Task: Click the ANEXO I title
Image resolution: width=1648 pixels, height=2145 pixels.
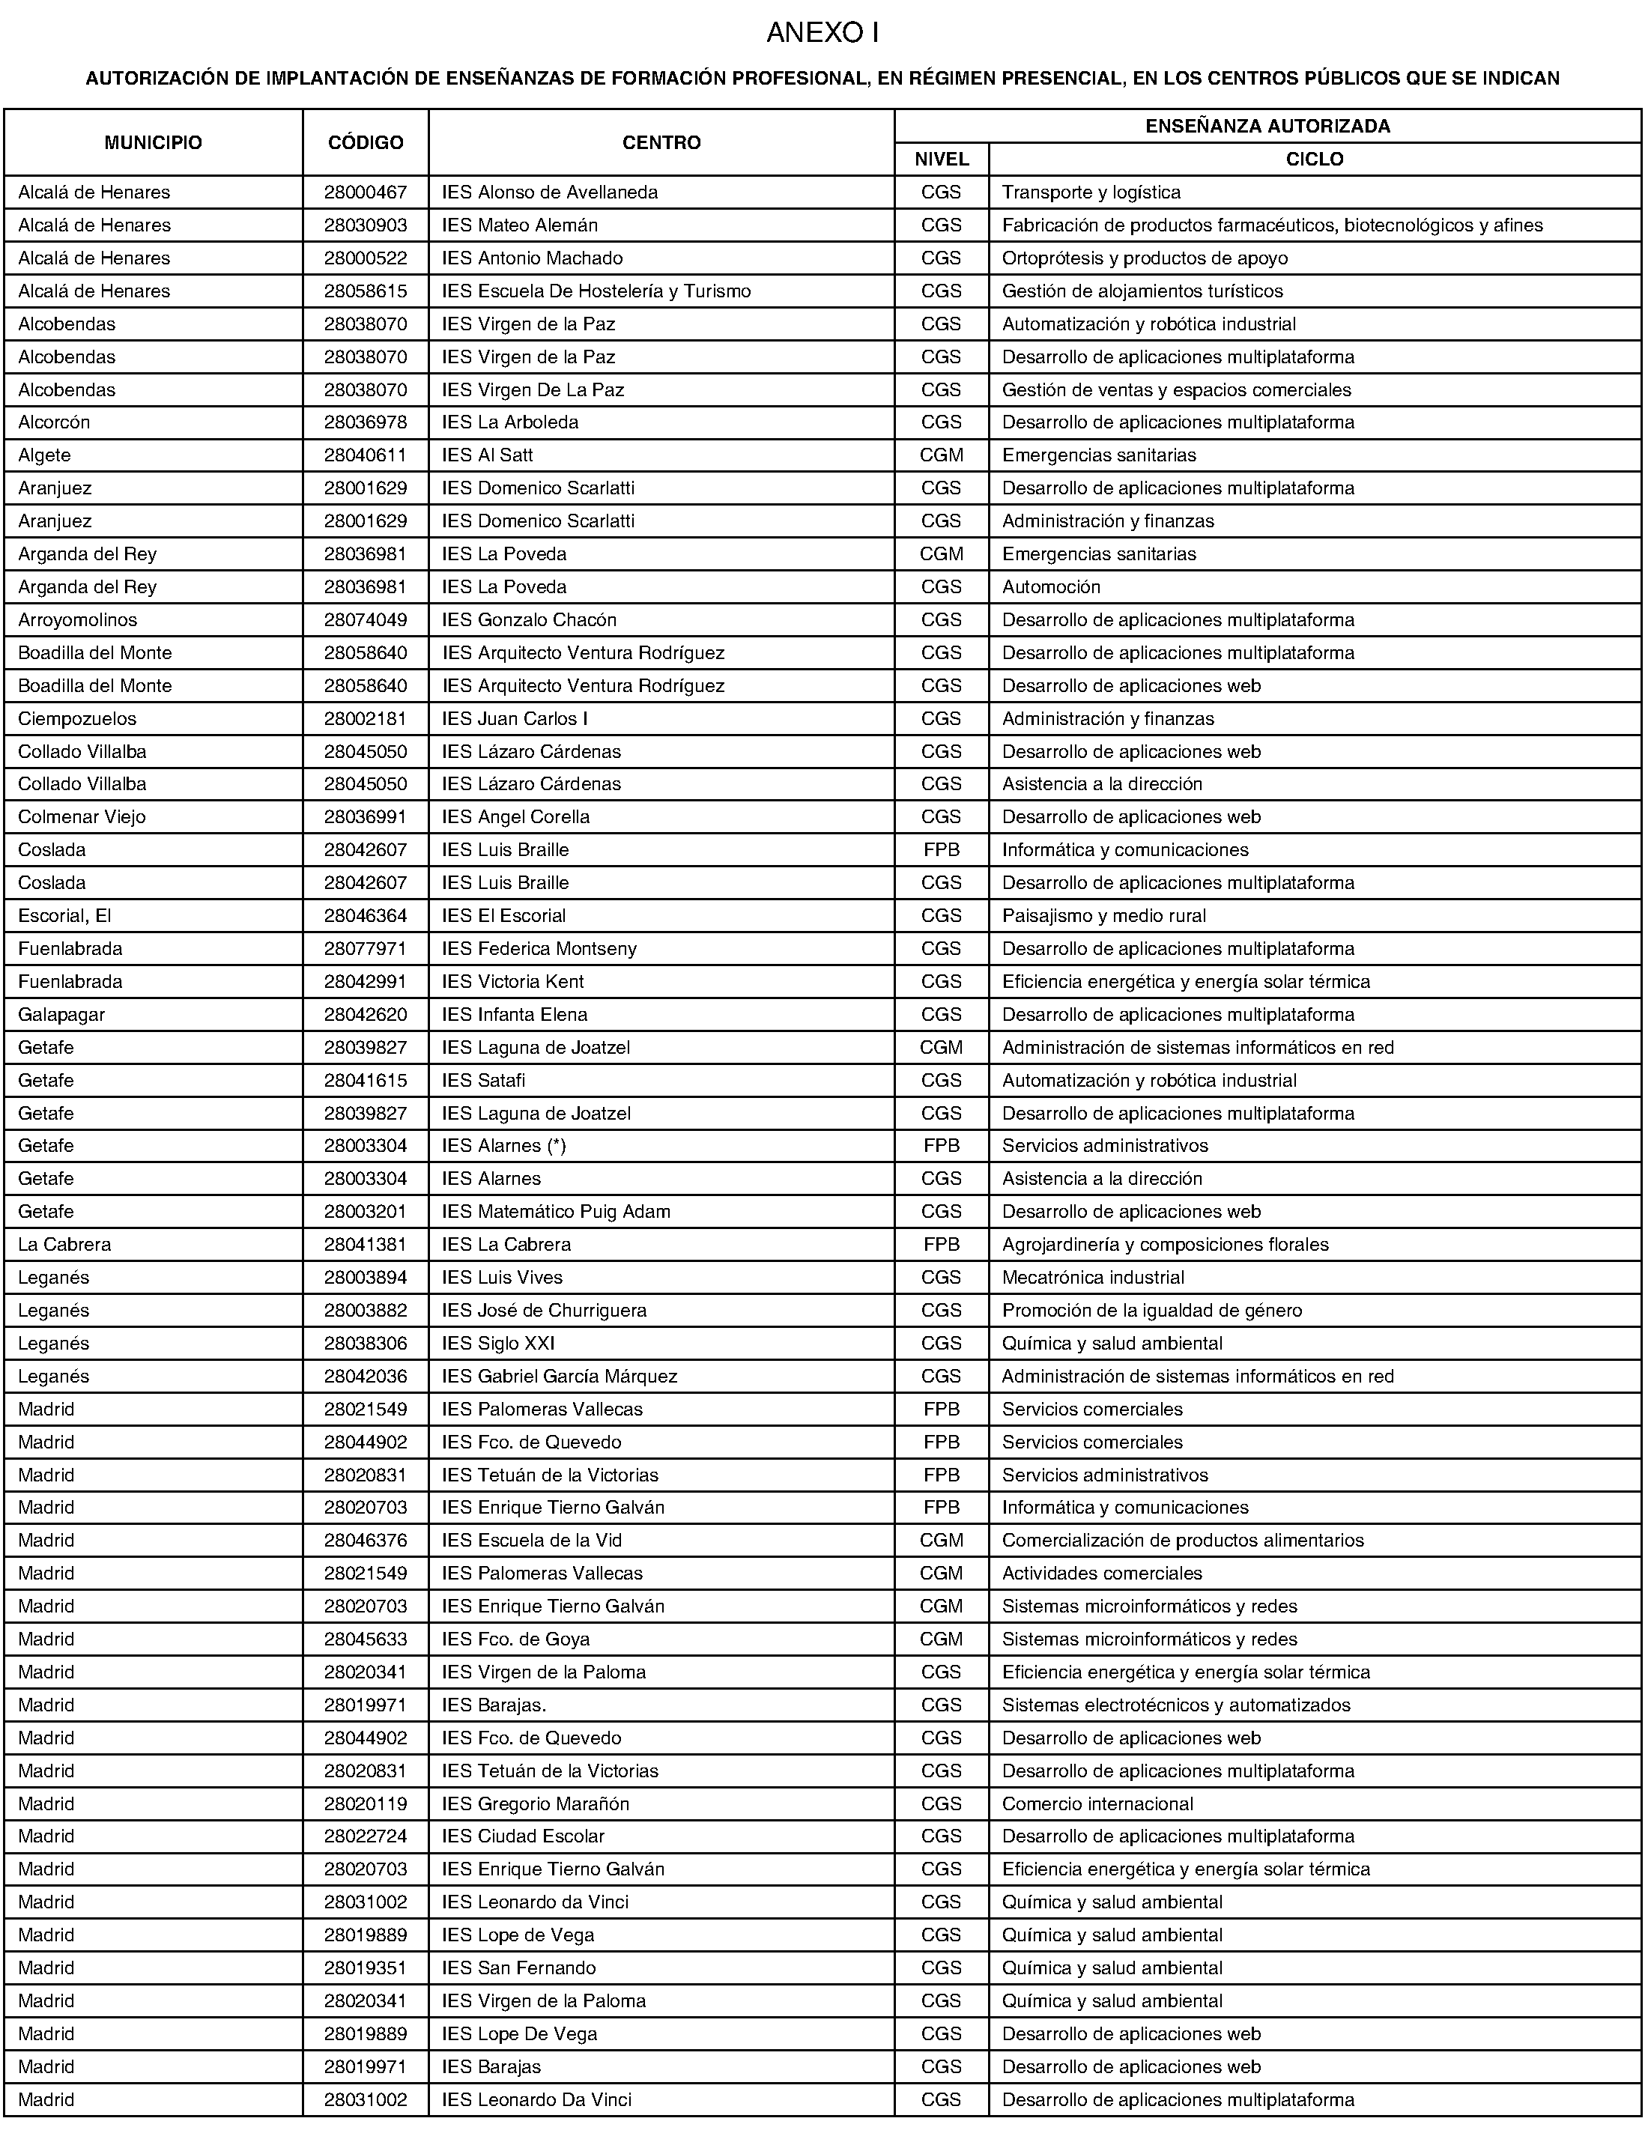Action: (822, 34)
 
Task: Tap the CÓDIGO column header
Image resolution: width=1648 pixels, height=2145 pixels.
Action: (366, 143)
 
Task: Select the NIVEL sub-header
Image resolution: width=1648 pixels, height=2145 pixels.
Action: (941, 160)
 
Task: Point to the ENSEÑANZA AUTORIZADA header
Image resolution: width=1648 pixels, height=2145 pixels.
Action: (1267, 127)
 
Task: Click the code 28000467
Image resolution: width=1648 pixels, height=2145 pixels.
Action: (366, 193)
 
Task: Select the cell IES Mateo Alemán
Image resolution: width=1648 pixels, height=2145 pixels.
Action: (520, 225)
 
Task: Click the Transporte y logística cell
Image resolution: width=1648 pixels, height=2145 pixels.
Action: (1091, 193)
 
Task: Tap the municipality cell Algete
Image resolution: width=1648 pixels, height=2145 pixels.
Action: (44, 456)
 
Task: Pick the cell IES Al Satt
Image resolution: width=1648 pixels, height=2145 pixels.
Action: (488, 456)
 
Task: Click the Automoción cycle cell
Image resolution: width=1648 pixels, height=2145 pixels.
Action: (1050, 587)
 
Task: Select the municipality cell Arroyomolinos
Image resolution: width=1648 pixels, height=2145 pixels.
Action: (77, 621)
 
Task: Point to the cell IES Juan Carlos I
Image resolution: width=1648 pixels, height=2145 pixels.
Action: (515, 719)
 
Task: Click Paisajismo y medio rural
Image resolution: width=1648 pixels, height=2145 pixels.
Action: (1103, 916)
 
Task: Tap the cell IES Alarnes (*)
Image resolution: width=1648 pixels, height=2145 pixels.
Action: (504, 1146)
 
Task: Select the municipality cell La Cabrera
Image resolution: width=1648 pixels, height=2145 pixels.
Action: (64, 1245)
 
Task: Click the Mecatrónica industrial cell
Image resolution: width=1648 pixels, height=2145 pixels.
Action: (1093, 1278)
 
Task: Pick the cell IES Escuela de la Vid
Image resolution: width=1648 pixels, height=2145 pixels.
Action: (532, 1541)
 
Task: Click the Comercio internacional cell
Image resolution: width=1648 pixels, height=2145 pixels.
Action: (1097, 1803)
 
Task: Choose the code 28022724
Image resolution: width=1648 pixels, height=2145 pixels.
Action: (366, 1836)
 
